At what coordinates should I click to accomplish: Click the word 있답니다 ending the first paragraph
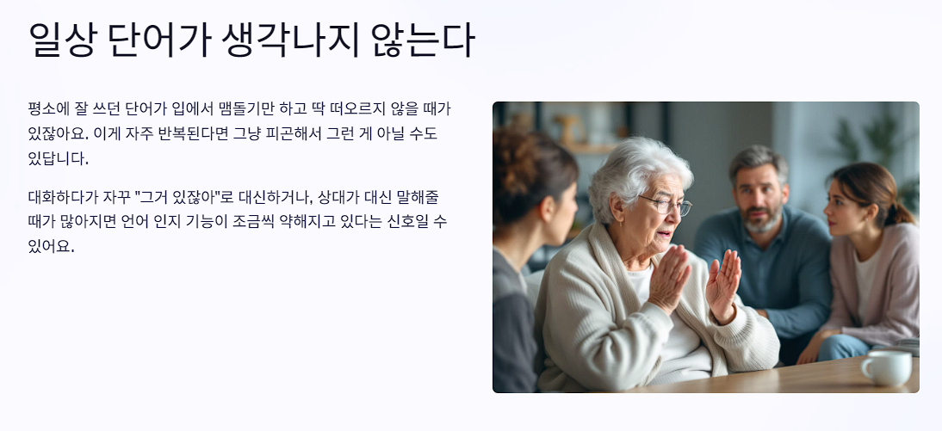tap(58, 159)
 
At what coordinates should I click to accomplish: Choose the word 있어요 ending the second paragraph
tap(51, 248)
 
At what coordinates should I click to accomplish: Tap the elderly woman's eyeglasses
tap(666, 206)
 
